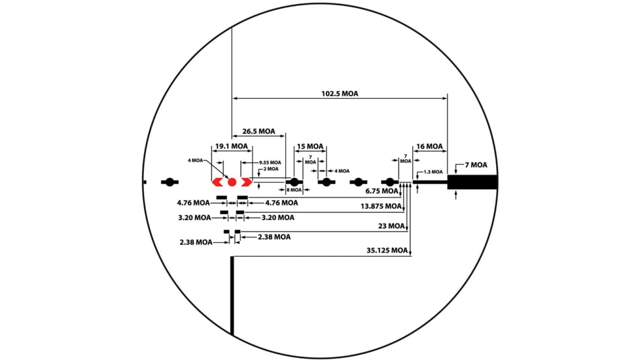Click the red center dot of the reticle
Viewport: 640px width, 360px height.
click(232, 182)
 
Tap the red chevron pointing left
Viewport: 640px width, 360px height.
click(217, 182)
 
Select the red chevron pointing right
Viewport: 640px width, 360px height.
click(247, 182)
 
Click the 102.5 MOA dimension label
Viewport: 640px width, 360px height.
click(340, 94)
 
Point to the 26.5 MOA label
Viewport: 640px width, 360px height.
click(258, 132)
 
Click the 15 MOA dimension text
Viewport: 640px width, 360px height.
click(310, 146)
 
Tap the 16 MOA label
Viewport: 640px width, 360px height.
click(429, 146)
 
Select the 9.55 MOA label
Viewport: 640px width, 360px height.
click(270, 162)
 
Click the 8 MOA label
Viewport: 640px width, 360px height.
click(294, 190)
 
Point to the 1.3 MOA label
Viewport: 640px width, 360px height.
click(433, 172)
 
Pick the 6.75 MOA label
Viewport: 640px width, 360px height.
click(382, 191)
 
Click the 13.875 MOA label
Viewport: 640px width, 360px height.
click(381, 206)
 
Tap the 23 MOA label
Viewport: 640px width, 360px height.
click(391, 226)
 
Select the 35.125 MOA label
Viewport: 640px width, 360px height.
click(387, 250)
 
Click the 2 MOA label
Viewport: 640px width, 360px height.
click(271, 169)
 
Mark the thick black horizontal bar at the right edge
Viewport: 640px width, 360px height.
click(472, 182)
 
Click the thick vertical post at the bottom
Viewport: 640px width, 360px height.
click(232, 296)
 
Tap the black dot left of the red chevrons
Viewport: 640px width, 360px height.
click(169, 182)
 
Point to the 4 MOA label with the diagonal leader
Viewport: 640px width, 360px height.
click(195, 160)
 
